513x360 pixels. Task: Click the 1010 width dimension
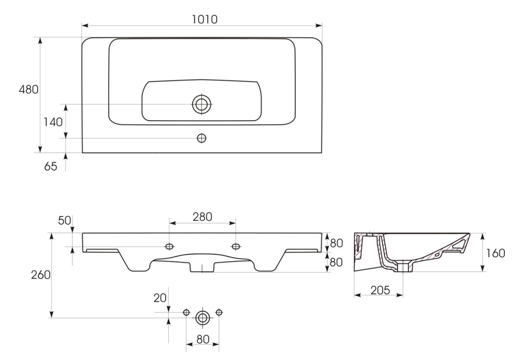click(205, 19)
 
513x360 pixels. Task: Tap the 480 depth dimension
click(28, 89)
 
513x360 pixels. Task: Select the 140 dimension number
click(53, 122)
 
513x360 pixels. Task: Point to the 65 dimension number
click(50, 166)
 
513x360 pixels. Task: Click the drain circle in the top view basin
click(201, 104)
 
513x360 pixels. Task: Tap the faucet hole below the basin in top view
click(201, 138)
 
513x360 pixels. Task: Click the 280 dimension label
click(202, 217)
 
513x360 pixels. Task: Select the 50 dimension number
click(65, 221)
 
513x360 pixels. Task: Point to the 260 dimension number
click(40, 275)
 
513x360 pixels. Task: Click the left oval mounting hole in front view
click(170, 246)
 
